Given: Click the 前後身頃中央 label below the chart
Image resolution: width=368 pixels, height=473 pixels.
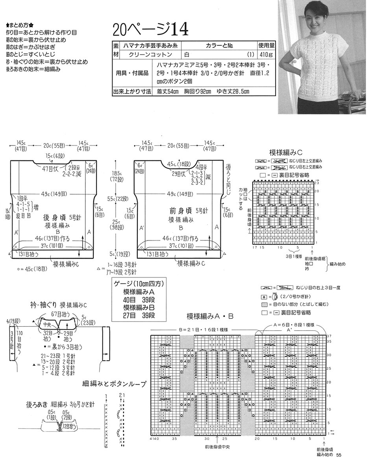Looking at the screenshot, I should click(x=218, y=447).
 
